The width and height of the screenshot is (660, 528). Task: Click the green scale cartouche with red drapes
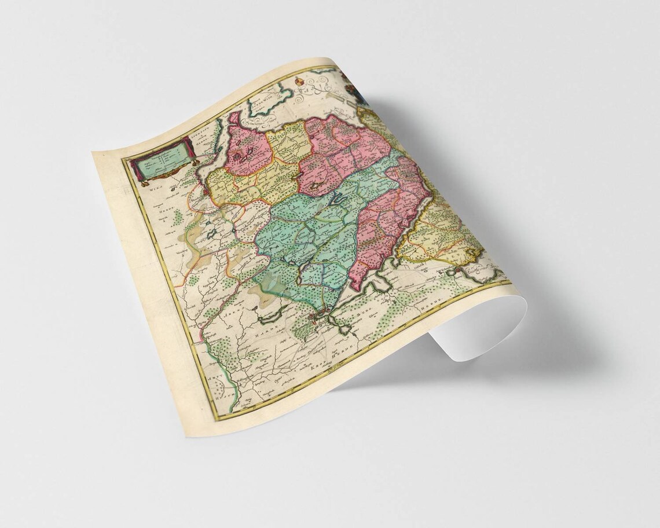[160, 161]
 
